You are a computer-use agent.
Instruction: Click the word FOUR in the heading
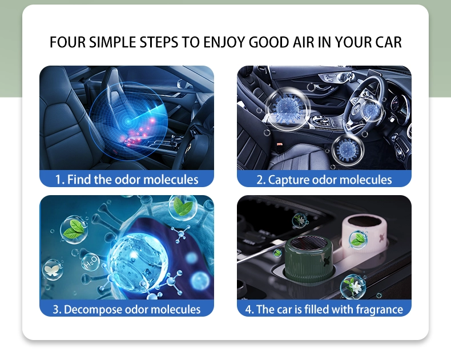(x=67, y=42)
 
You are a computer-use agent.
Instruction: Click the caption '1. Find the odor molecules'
(x=127, y=179)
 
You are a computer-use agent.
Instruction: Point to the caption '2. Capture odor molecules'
(x=324, y=180)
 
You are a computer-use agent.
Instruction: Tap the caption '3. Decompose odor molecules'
(x=127, y=309)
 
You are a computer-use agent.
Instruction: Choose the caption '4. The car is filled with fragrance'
(x=324, y=309)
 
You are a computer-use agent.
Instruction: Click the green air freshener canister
(x=309, y=258)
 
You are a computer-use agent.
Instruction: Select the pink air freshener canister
(x=364, y=233)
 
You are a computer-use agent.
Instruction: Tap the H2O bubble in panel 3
(x=90, y=262)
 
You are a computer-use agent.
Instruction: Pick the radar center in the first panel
(x=128, y=122)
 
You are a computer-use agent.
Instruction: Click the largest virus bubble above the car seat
(x=287, y=110)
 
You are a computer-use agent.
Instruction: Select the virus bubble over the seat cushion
(x=348, y=150)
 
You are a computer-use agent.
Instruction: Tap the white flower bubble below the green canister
(x=353, y=286)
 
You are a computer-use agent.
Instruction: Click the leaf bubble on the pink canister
(x=358, y=240)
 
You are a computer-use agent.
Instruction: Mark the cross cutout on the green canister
(x=327, y=261)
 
